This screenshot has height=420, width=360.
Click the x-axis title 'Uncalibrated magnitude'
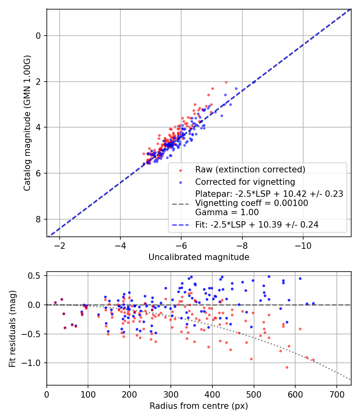(x=199, y=257)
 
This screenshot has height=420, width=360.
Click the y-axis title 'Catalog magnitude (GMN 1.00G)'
(x=27, y=123)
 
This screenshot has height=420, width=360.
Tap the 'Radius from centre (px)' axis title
(x=199, y=406)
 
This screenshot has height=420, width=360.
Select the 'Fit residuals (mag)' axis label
(x=12, y=329)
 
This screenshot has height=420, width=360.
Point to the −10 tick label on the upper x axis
(x=303, y=246)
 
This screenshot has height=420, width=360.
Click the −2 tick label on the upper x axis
(x=60, y=246)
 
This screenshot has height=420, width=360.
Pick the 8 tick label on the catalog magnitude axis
(x=38, y=219)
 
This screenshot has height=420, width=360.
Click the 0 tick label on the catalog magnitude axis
(x=38, y=36)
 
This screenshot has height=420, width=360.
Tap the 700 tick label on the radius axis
(x=337, y=394)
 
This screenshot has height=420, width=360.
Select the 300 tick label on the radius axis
(x=171, y=394)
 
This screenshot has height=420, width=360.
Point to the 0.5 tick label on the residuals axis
(x=36, y=276)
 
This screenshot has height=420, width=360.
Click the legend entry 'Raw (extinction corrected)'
(x=250, y=170)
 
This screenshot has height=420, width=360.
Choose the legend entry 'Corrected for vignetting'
(x=245, y=182)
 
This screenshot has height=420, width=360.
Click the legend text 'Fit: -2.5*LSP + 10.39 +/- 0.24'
(x=257, y=224)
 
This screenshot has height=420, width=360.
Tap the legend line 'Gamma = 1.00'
(x=227, y=212)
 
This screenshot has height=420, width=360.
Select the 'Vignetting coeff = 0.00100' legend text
(x=252, y=203)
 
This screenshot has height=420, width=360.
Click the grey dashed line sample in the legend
(x=180, y=204)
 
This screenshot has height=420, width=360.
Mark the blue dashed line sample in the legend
(x=180, y=225)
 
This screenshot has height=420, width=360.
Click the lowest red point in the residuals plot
(x=287, y=368)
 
